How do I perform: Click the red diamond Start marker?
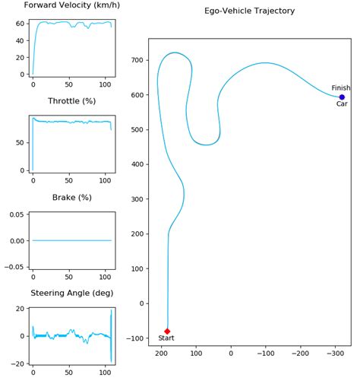click(x=167, y=331)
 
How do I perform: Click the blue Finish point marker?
click(x=342, y=97)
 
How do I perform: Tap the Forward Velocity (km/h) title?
click(x=71, y=5)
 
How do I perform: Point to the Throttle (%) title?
click(x=71, y=101)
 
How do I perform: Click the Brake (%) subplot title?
click(x=71, y=198)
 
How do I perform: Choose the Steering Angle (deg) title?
click(x=71, y=294)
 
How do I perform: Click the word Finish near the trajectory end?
click(x=341, y=88)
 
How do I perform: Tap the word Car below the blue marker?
click(x=342, y=105)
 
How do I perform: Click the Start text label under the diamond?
click(x=166, y=338)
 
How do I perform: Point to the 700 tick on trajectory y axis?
click(x=137, y=60)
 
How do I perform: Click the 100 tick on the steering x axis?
click(x=105, y=373)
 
